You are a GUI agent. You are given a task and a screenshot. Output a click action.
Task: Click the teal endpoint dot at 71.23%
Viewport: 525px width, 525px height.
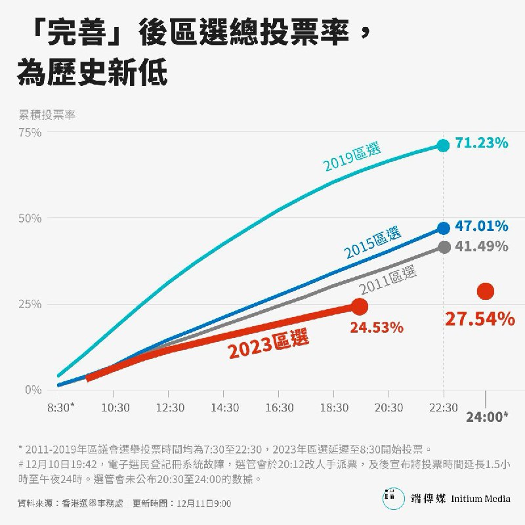[444, 145]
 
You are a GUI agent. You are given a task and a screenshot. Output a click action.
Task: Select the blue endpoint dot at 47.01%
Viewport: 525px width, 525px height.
[444, 228]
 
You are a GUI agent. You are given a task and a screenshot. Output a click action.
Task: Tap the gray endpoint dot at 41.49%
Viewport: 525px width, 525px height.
[444, 247]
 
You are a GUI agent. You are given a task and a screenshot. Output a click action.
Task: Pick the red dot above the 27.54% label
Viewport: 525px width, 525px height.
[486, 291]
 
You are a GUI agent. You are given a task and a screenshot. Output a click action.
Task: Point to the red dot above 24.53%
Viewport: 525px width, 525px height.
[360, 306]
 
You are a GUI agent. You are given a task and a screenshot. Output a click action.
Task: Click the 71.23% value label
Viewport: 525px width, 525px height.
[482, 142]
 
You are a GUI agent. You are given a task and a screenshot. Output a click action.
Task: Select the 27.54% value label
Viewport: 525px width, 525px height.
[480, 319]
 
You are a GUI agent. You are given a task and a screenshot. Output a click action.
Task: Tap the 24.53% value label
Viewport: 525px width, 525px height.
[376, 327]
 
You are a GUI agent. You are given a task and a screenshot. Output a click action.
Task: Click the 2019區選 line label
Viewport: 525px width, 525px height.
[352, 157]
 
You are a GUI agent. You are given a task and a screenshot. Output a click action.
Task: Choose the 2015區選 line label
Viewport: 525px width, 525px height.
[373, 241]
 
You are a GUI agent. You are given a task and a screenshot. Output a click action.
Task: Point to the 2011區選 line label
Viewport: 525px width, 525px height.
[388, 280]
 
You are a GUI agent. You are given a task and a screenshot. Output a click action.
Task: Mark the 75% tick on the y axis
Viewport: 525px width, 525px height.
[30, 132]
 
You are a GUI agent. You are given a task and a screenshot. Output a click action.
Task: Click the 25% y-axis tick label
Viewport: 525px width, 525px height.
[30, 304]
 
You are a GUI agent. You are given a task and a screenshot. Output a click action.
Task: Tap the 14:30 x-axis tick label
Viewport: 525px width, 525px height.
[225, 408]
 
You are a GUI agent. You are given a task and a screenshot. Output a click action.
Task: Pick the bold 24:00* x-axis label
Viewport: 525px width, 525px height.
[487, 417]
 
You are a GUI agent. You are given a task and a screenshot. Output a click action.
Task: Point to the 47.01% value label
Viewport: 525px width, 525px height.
[482, 226]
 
